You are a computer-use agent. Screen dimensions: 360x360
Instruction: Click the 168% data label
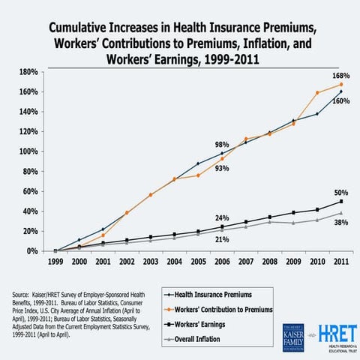point(341,76)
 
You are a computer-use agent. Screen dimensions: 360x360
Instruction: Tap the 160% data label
point(341,100)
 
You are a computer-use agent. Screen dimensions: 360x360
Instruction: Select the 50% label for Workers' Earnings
point(341,193)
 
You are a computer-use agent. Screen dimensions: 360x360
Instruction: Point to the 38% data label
point(341,223)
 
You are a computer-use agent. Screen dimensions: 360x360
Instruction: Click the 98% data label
point(221,144)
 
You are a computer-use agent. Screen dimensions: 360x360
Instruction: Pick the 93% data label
point(221,169)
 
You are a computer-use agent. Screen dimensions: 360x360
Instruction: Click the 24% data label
point(222,217)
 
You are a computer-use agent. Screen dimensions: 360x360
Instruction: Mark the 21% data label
point(222,239)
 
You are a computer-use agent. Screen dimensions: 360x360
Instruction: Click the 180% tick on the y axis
point(28,72)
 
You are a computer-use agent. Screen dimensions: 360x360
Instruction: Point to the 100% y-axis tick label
point(28,151)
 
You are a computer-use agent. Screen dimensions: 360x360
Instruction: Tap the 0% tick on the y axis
point(33,251)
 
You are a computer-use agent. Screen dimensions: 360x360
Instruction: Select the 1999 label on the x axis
point(55,263)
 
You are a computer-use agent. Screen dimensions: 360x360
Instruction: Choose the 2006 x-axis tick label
point(223,263)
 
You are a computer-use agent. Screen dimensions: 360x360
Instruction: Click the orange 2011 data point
point(341,85)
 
